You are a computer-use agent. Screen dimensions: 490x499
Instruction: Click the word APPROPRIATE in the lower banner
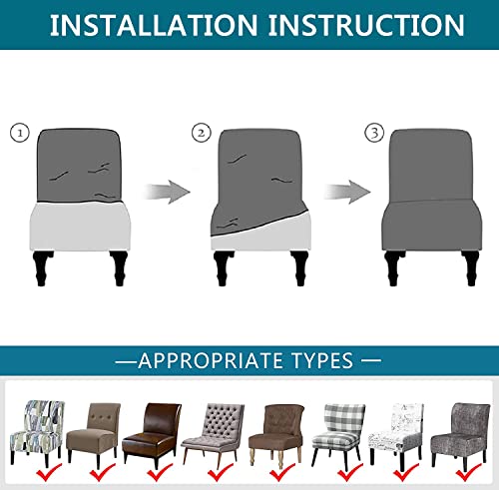pos(221,359)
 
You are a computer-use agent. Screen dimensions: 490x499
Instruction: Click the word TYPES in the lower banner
pos(332,359)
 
